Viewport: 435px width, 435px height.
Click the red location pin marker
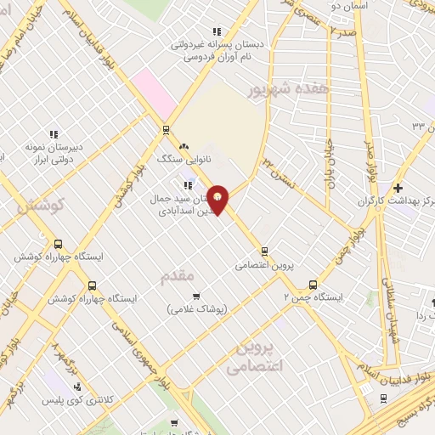point(219,200)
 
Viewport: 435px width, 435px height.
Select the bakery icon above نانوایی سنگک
point(184,146)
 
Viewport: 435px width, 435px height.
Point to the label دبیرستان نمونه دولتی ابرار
point(52,152)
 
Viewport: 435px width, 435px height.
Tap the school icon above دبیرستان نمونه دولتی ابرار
point(53,134)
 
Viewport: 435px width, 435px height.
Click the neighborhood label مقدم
point(178,275)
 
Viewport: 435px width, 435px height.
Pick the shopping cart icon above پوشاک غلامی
point(197,296)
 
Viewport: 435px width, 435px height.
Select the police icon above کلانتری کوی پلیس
point(78,387)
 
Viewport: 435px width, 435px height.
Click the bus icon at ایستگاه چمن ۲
point(314,285)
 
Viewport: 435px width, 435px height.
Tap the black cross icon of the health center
point(398,187)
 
